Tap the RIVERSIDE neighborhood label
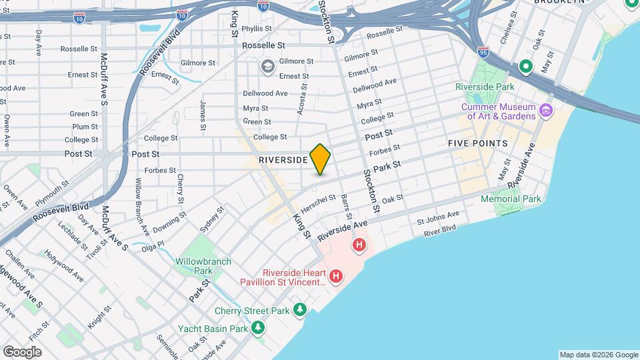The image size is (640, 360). coord(283,161)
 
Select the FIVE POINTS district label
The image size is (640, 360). coord(477,143)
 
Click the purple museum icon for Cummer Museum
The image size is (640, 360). coord(547,109)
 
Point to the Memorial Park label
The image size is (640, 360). coord(511,199)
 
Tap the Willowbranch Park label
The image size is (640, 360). coord(194,266)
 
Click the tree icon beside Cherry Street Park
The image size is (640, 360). coord(301,310)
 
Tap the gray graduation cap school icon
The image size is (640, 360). coord(268,65)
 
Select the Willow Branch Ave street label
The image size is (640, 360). coord(141,197)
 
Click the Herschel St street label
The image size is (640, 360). coord(319,199)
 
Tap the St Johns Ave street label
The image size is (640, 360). coord(438,217)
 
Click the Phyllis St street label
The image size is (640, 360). coord(257,29)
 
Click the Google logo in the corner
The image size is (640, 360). coord(22,351)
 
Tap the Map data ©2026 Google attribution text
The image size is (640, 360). coord(598,355)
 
